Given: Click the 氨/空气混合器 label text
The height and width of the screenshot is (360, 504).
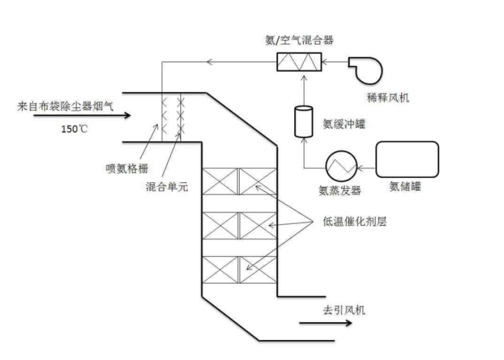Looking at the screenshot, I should pyautogui.click(x=299, y=40).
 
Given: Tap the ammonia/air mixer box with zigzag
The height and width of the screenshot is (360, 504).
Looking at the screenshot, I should pyautogui.click(x=299, y=62).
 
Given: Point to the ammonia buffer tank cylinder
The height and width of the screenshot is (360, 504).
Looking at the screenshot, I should pyautogui.click(x=303, y=121).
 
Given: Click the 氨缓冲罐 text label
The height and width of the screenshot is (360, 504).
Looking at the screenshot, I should pyautogui.click(x=344, y=124).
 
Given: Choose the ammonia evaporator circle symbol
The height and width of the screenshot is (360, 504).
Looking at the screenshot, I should pyautogui.click(x=339, y=165).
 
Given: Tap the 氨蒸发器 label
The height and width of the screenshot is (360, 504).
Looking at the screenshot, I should pyautogui.click(x=339, y=190).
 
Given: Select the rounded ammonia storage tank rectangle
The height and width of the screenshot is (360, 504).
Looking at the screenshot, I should pyautogui.click(x=407, y=160).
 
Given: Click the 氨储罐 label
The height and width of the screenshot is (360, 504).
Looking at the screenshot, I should pyautogui.click(x=405, y=186).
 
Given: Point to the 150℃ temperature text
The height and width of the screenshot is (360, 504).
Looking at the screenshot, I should pyautogui.click(x=74, y=129).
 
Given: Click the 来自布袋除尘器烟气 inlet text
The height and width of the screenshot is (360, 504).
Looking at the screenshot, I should pyautogui.click(x=65, y=106).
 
